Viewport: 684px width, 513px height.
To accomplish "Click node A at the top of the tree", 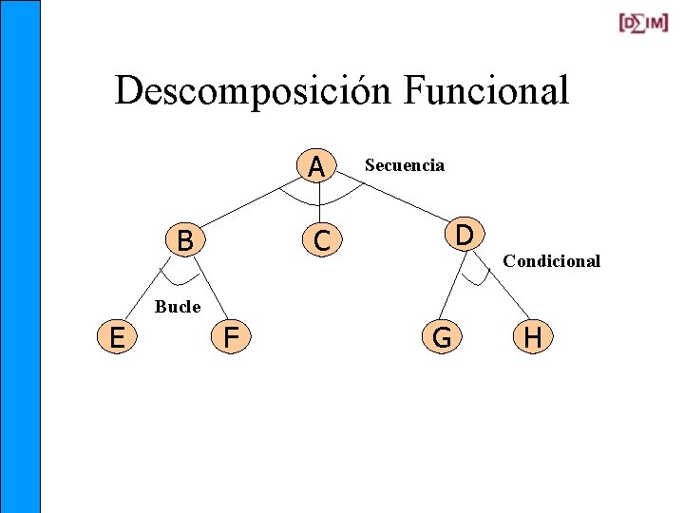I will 317,166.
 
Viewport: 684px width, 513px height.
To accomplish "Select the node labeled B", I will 185,240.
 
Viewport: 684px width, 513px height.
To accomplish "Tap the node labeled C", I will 322,241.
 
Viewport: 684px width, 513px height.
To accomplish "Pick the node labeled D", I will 465,233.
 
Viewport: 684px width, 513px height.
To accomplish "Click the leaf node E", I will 117,336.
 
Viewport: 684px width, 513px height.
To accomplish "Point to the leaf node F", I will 231,336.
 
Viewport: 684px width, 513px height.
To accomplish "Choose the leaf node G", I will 442,336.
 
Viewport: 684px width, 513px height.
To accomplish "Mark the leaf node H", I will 533,336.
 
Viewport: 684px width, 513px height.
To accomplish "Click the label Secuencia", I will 405,165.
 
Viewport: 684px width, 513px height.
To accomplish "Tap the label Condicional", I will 552,261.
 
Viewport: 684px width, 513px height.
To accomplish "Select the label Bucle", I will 178,306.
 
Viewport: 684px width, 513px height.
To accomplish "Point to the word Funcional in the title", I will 485,91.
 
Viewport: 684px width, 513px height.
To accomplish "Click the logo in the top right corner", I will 643,23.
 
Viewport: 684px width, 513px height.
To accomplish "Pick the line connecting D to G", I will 453,289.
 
